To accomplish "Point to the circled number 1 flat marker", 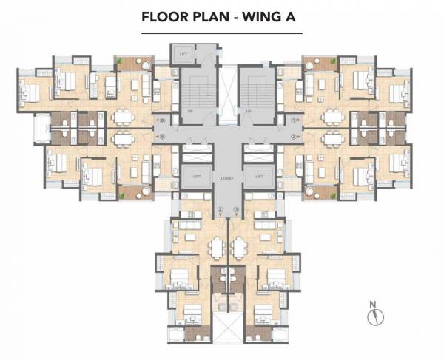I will [294, 118].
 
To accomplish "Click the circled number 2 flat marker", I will [294, 137].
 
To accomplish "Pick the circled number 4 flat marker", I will [221, 211].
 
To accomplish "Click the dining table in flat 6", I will [121, 116].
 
